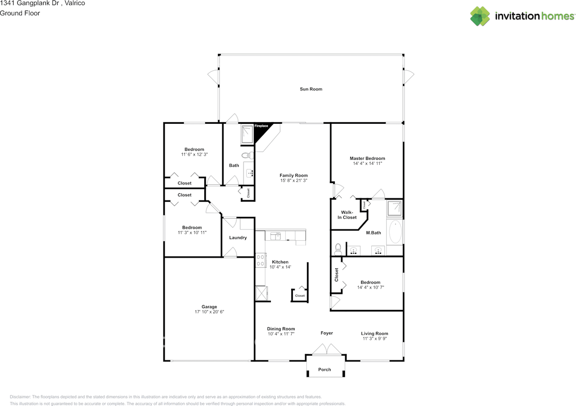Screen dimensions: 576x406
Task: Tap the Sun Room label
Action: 311,89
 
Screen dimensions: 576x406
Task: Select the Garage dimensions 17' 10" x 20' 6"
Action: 209,312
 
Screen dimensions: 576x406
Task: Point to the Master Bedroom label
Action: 367,158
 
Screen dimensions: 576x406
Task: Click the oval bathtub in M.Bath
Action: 395,231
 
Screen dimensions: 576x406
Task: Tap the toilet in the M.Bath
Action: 338,249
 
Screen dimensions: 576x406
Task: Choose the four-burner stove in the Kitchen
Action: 261,260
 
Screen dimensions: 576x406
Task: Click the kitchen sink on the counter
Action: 275,236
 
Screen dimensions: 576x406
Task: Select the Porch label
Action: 324,370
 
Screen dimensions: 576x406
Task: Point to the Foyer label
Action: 327,333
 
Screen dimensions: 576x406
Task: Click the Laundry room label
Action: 238,238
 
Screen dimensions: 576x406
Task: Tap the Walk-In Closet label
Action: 347,215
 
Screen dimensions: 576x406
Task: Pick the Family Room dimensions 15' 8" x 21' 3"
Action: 294,180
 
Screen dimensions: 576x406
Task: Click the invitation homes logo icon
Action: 480,16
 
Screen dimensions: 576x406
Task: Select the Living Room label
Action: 374,334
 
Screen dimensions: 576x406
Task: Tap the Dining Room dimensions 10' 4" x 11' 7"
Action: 281,334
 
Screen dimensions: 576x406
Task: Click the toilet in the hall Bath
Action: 247,155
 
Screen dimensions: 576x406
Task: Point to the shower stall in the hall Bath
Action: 247,134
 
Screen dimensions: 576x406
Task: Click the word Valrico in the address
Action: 75,3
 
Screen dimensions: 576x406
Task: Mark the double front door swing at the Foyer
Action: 327,349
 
